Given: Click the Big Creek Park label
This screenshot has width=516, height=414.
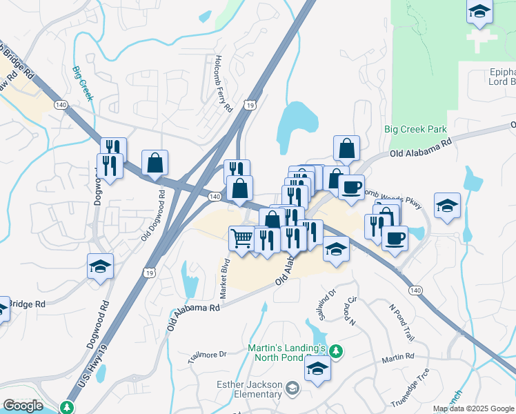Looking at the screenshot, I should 415,129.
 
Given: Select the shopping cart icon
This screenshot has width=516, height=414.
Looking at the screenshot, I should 241,239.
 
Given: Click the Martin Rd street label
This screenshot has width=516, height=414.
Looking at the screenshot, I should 399,357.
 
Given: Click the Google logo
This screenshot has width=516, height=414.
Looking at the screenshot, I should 23,406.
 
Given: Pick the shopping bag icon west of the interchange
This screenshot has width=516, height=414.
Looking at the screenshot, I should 155,164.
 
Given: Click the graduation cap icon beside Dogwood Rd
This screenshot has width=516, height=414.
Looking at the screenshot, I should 100,267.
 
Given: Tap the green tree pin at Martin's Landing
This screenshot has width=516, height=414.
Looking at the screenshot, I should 336,352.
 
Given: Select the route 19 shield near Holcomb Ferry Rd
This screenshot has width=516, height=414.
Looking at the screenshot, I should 250,105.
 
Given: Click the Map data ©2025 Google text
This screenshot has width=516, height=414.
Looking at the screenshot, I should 473,408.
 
